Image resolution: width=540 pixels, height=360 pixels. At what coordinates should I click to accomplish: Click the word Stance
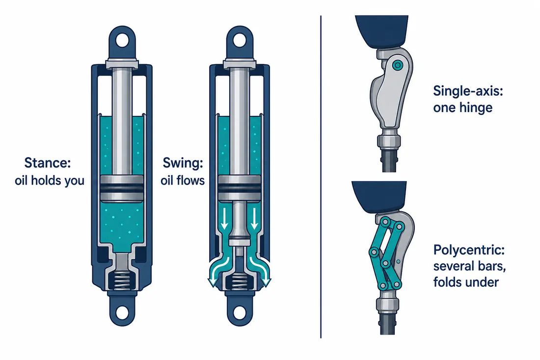(x=48, y=162)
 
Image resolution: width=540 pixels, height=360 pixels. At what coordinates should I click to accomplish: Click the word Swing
(x=183, y=163)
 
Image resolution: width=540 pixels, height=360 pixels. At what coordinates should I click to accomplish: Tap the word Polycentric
(x=469, y=250)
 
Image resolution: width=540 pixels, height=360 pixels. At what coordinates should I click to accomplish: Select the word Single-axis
(x=468, y=91)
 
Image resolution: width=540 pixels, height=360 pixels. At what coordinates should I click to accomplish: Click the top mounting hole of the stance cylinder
(x=122, y=41)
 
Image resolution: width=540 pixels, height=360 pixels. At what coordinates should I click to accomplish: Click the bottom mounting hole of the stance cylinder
(x=122, y=312)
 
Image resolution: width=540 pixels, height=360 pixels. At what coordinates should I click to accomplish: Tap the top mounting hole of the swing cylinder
(x=240, y=41)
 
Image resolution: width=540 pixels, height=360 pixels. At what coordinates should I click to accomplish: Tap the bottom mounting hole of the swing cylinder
(x=240, y=312)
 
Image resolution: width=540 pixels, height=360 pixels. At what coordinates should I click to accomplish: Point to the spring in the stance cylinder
(x=122, y=280)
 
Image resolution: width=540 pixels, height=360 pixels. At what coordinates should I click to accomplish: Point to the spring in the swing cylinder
(x=240, y=280)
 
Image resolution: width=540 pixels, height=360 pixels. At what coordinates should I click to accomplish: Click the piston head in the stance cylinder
(x=122, y=188)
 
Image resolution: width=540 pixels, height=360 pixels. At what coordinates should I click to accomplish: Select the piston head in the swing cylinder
(x=240, y=188)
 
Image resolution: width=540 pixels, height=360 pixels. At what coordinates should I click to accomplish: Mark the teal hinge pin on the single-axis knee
(x=398, y=65)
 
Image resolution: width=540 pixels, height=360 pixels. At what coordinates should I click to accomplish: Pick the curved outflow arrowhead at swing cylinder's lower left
(x=213, y=282)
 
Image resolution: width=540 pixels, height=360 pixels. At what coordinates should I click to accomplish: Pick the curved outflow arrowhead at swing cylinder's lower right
(x=266, y=282)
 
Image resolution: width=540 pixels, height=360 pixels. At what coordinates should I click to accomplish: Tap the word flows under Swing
(x=192, y=180)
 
